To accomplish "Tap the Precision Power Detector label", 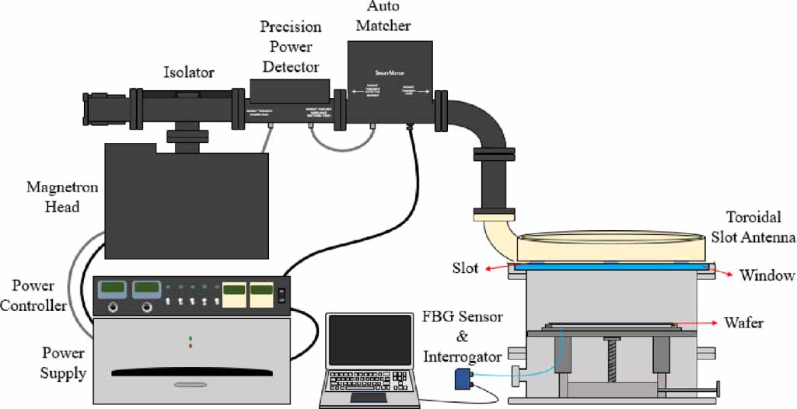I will pyautogui.click(x=290, y=47).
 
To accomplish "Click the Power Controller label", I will pyautogui.click(x=33, y=295).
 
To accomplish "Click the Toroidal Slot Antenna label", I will pyautogui.click(x=753, y=228).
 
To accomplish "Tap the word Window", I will pyautogui.click(x=767, y=275).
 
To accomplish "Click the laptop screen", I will pyautogui.click(x=370, y=341).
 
